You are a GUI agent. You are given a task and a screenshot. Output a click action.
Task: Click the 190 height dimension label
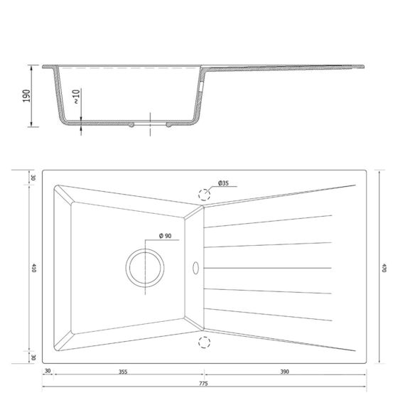click(x=26, y=96)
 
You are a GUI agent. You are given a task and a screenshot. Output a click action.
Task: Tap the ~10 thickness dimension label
click(x=76, y=97)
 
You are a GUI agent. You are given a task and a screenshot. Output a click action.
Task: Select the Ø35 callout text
click(x=223, y=183)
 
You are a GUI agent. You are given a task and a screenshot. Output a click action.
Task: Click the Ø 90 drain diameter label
click(x=165, y=236)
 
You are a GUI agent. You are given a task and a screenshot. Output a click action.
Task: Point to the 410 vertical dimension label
click(x=33, y=268)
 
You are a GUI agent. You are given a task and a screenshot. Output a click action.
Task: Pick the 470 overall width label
click(x=384, y=268)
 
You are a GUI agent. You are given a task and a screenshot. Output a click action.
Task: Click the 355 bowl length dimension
click(x=123, y=372)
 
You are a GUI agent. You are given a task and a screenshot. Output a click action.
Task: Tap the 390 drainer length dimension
click(x=285, y=372)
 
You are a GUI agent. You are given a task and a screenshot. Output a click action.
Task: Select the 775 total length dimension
click(x=203, y=384)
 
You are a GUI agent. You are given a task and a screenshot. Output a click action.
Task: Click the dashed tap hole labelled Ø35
click(x=204, y=195)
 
